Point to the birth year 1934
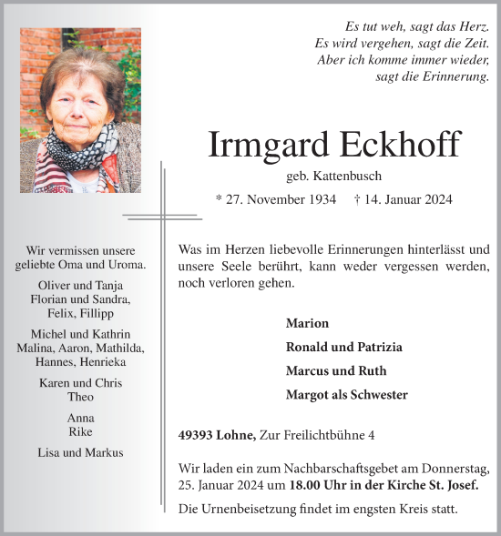point(319,199)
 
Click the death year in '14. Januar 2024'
point(436,199)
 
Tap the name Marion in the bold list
point(307,323)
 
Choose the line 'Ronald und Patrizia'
point(343,347)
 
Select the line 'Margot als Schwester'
point(346,394)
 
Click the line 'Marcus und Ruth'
point(335,370)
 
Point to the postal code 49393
point(198,436)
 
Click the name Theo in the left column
point(81,397)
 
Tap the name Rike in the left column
point(80,431)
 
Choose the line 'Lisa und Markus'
point(80,452)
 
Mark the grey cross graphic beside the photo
point(163,217)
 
